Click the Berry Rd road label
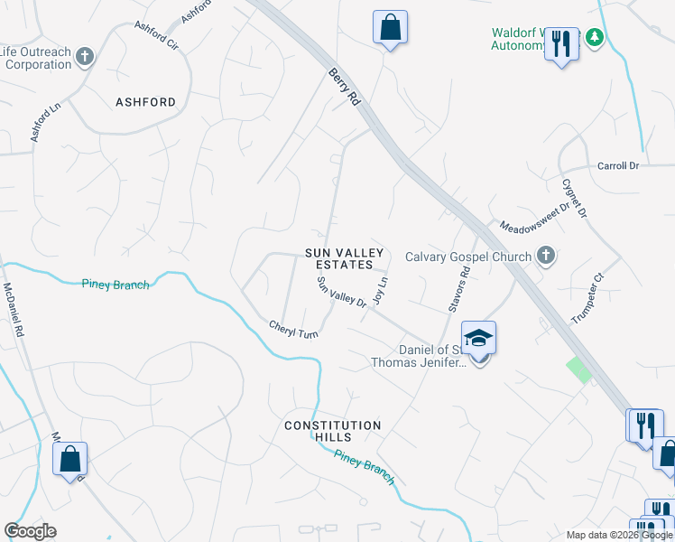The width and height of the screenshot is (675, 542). (x=345, y=87)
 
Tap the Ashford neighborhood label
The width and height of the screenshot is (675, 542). (x=145, y=102)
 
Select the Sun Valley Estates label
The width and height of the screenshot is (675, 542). (x=338, y=258)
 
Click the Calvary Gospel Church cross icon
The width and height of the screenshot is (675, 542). (x=545, y=257)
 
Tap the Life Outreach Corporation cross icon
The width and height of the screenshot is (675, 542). (x=85, y=58)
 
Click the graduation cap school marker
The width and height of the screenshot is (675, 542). (x=479, y=339)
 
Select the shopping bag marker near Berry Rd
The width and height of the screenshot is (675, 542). (x=390, y=27)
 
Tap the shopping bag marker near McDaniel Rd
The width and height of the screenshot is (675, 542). (x=69, y=460)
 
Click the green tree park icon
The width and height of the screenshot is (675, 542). (x=594, y=38)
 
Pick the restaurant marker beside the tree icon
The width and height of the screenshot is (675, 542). (x=561, y=43)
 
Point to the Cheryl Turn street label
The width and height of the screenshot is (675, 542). (x=294, y=330)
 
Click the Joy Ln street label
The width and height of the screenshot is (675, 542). (x=383, y=291)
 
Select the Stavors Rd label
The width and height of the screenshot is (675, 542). (x=459, y=289)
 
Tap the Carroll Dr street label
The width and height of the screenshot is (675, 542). (x=618, y=166)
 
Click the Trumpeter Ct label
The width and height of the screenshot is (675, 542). (x=587, y=299)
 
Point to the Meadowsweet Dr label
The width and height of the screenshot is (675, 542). (x=535, y=218)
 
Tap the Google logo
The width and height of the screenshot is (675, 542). (x=31, y=531)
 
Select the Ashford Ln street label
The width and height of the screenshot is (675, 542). (x=45, y=120)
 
